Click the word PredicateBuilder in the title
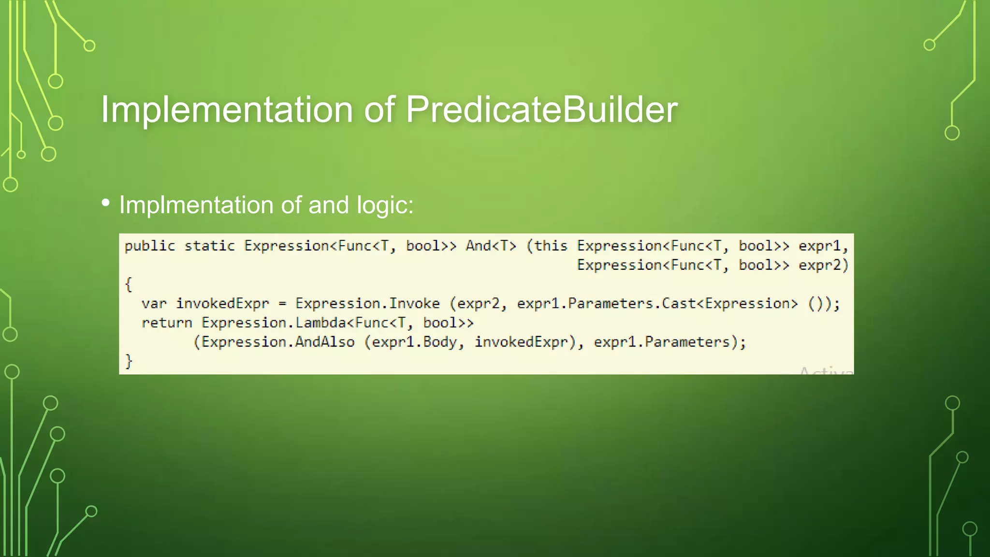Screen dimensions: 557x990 pos(541,110)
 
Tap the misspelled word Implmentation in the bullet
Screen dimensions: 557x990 pos(196,205)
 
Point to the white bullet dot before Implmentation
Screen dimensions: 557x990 pos(106,203)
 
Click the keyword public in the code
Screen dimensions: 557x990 pos(150,246)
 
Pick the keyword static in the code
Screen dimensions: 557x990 pos(209,246)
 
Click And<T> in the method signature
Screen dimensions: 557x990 pos(491,246)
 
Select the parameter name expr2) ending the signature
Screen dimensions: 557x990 pos(823,265)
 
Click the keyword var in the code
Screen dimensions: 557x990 pos(154,304)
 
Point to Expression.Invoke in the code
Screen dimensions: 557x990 pos(367,304)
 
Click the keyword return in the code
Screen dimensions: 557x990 pos(167,323)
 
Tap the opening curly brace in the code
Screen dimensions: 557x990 pos(129,284)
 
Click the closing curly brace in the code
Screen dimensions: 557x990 pos(129,361)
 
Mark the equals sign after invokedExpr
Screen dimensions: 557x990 pos(282,304)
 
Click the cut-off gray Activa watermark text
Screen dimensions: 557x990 pos(826,371)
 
